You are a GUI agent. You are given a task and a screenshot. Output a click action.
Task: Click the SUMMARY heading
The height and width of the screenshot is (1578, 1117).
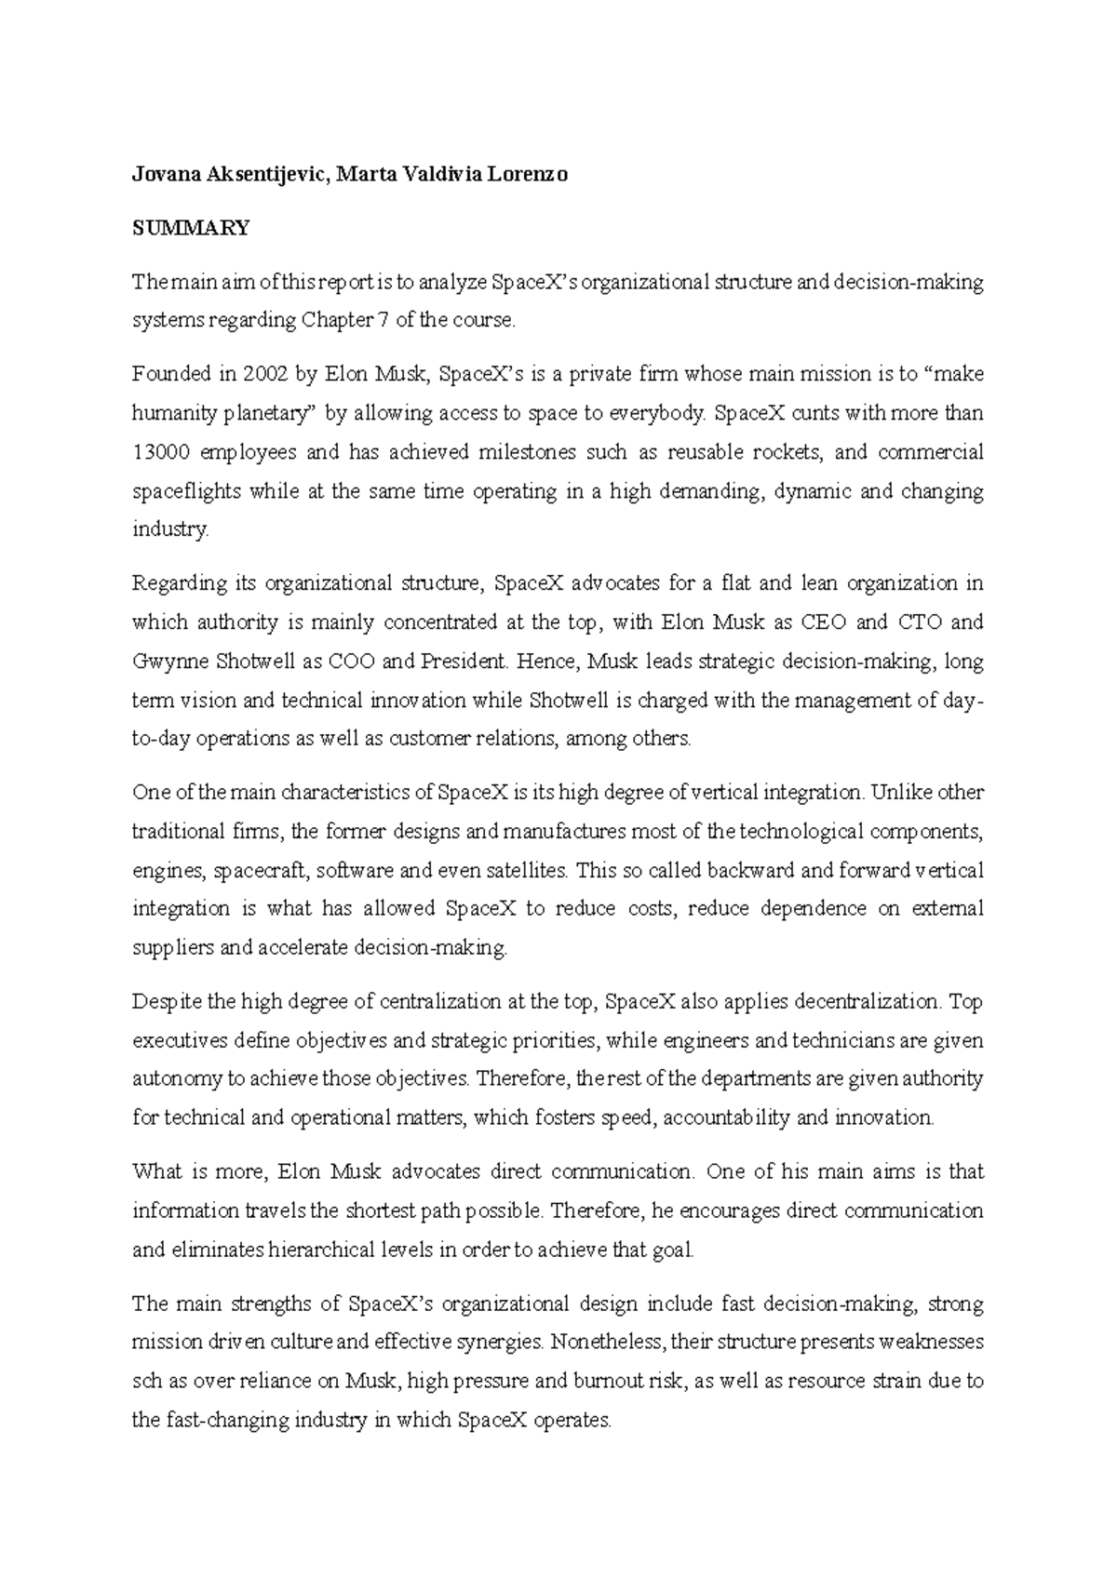[x=191, y=228]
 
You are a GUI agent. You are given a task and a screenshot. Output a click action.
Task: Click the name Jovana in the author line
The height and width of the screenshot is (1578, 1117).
[x=163, y=174]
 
